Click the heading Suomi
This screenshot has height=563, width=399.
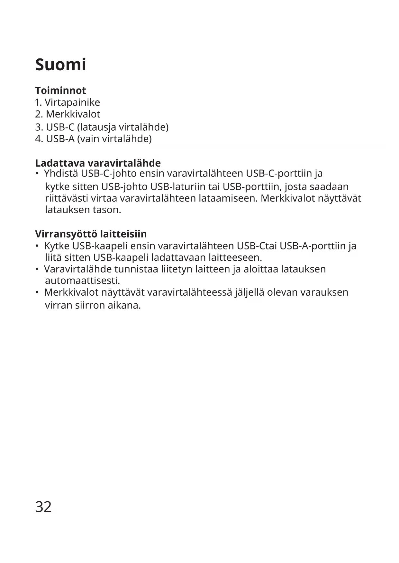60,65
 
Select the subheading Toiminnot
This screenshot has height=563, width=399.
60,91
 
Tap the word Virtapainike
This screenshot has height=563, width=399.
72,102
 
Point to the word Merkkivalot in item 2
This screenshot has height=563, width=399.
73,114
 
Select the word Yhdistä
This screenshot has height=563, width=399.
61,173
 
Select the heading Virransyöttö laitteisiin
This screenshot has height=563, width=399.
91,234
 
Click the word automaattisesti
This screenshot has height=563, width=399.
82,281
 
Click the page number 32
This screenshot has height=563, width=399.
43,507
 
